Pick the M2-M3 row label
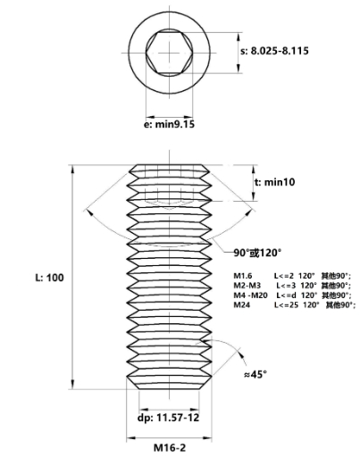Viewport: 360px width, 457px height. (x=247, y=286)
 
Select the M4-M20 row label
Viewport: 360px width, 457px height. (x=250, y=295)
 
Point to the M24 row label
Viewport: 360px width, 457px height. (x=242, y=305)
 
